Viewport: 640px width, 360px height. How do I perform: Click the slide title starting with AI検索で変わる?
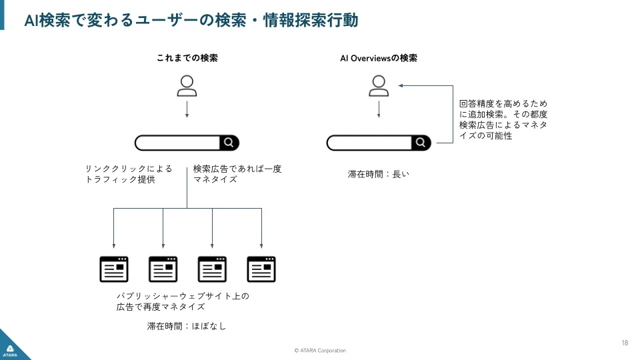click(x=191, y=21)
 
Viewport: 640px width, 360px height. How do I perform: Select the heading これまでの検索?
click(x=187, y=58)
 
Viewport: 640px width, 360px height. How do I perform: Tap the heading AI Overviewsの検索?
click(x=379, y=58)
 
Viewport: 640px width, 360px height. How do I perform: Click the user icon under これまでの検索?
click(x=187, y=85)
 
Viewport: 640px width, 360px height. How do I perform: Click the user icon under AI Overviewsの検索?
click(x=379, y=85)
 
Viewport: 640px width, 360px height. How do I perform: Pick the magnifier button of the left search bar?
click(x=229, y=143)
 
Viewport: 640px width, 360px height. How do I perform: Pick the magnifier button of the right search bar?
click(x=421, y=143)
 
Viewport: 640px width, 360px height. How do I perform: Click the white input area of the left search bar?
click(x=177, y=143)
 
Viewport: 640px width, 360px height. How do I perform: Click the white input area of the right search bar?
click(x=369, y=143)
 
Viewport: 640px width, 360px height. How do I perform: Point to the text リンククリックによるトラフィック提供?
click(x=128, y=174)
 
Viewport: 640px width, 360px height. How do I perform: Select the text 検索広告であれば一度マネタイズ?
click(x=237, y=174)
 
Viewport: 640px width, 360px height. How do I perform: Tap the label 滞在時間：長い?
click(x=378, y=175)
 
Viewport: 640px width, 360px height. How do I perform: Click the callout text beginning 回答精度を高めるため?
click(x=503, y=119)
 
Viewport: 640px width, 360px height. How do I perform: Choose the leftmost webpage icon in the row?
click(x=114, y=269)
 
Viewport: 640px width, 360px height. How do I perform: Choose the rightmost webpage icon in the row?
click(x=261, y=269)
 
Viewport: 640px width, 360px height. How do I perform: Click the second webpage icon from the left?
click(x=163, y=269)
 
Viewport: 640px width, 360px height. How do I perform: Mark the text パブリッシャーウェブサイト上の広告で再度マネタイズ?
click(x=183, y=301)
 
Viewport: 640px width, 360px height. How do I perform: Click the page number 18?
click(x=624, y=343)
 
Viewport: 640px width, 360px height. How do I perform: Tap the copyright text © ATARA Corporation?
click(x=320, y=351)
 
